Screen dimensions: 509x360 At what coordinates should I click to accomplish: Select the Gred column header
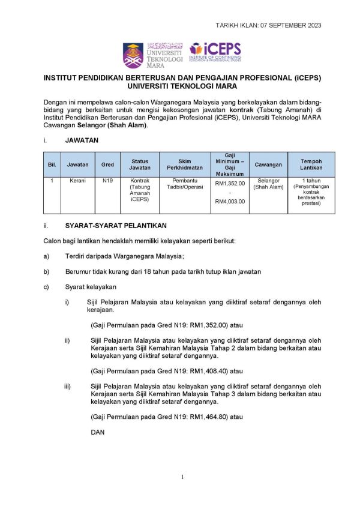pyautogui.click(x=107, y=164)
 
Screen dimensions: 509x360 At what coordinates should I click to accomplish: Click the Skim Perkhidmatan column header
pyautogui.click(x=181, y=164)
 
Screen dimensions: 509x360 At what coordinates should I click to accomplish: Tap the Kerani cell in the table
pyautogui.click(x=77, y=181)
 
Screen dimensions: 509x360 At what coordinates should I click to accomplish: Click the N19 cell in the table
pyautogui.click(x=107, y=181)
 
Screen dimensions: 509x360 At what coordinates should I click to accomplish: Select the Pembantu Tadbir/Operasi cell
pyautogui.click(x=181, y=184)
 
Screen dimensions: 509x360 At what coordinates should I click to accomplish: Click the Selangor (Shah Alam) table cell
pyautogui.click(x=268, y=184)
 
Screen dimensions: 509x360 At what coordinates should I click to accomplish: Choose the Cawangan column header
pyautogui.click(x=268, y=164)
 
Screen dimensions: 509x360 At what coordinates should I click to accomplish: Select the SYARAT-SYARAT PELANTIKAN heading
pyautogui.click(x=115, y=226)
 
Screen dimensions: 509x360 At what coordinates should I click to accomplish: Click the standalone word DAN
pyautogui.click(x=97, y=432)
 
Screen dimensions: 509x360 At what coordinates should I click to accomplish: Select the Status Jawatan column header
pyautogui.click(x=140, y=164)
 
